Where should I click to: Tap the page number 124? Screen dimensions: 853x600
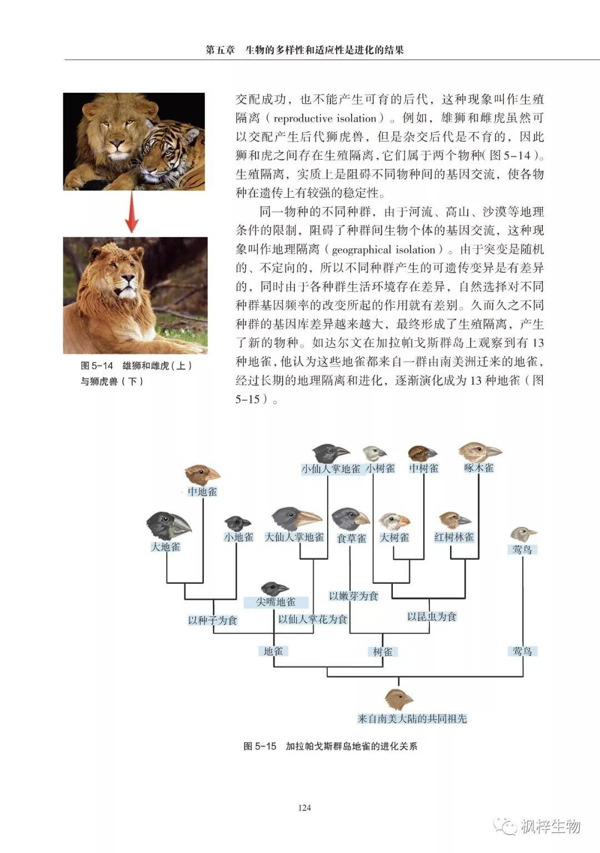304,807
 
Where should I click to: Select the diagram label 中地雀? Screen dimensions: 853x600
202,491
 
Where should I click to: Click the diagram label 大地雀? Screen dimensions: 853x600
166,546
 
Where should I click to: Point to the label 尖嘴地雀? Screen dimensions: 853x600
276,602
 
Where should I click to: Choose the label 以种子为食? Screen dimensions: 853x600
212,620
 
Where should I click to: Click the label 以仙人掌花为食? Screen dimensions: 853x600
313,619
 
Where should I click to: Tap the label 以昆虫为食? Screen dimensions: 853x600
432,616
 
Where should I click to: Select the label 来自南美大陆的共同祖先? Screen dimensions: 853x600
412,719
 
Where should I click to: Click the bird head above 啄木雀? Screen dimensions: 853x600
479,451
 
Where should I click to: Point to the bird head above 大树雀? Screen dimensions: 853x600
394,521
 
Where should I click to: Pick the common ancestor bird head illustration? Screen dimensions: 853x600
398,699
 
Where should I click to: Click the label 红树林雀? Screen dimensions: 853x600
454,537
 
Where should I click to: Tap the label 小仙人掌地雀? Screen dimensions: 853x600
331,469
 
